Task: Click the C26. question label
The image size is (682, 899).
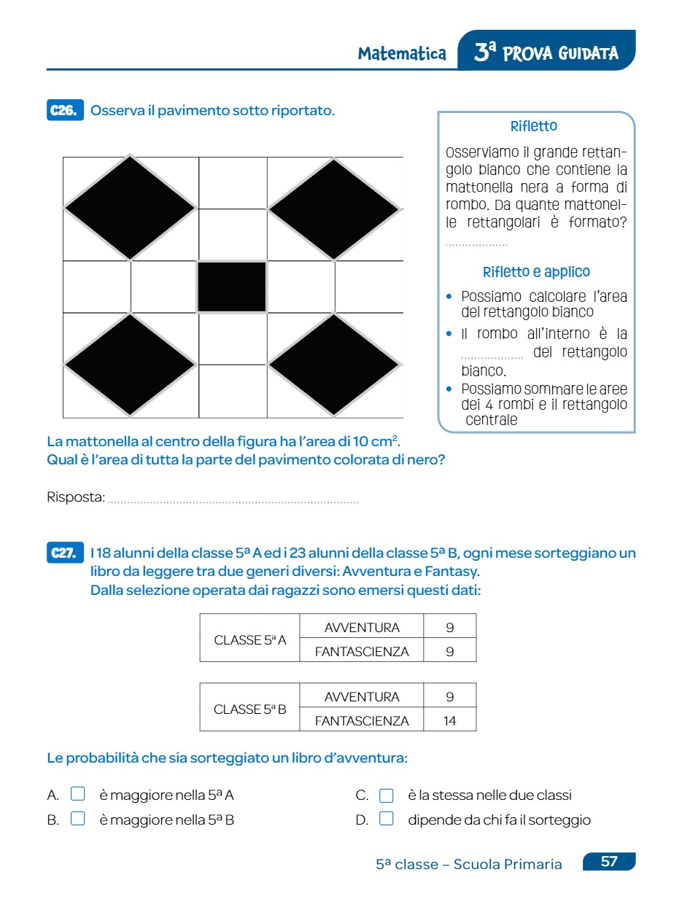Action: click(65, 111)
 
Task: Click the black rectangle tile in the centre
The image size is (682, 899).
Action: click(232, 287)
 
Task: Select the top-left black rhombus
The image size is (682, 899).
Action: click(131, 208)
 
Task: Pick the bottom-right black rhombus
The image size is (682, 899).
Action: click(335, 365)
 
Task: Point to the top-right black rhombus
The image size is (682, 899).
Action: click(335, 209)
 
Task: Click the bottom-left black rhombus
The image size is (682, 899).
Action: click(131, 365)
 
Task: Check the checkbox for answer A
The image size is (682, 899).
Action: click(78, 794)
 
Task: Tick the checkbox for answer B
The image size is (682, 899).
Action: click(78, 819)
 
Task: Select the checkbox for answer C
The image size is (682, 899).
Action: click(387, 795)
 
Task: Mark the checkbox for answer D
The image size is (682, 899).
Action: click(387, 819)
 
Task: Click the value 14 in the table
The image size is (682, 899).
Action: click(449, 721)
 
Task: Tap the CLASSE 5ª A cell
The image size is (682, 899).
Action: click(249, 640)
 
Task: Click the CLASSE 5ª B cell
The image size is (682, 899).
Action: click(249, 709)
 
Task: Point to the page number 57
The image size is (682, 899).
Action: click(609, 862)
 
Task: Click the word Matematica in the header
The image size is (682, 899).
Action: click(402, 54)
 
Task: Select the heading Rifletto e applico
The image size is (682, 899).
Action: click(536, 272)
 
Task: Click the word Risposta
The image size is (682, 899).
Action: click(76, 497)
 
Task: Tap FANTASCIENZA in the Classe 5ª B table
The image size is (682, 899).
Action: click(362, 721)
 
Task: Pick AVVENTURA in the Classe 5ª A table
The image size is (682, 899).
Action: click(362, 628)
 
